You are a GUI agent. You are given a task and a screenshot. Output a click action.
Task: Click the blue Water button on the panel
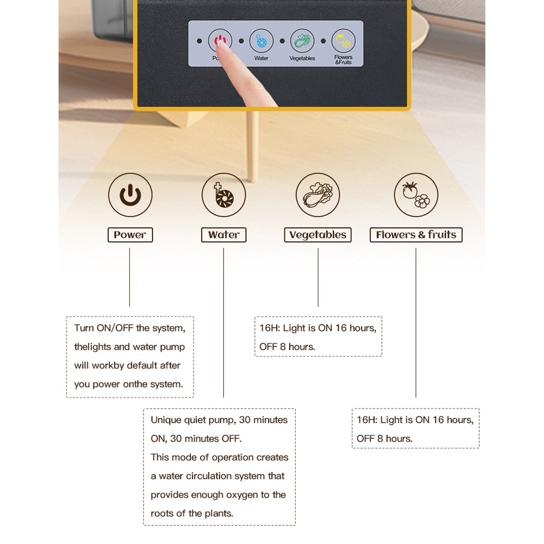point(261,41)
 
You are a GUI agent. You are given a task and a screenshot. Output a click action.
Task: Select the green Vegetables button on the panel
point(302,41)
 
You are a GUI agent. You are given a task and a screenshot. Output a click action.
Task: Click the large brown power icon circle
point(130,195)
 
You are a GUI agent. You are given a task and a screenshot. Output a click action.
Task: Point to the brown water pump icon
point(224,195)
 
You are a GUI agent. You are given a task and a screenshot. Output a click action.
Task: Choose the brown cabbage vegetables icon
point(318,195)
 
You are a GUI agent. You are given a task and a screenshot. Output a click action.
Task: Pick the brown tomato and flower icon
point(416,195)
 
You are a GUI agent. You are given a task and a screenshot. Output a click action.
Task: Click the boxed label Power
point(130,235)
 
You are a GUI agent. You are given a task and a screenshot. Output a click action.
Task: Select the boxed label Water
point(224,235)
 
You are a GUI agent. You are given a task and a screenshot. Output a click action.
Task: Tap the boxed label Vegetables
point(318,235)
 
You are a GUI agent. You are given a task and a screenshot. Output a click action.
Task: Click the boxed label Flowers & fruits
point(416,235)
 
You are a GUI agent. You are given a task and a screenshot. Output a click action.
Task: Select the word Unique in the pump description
point(165,420)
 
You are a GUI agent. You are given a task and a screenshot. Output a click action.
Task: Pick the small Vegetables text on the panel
point(302,58)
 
